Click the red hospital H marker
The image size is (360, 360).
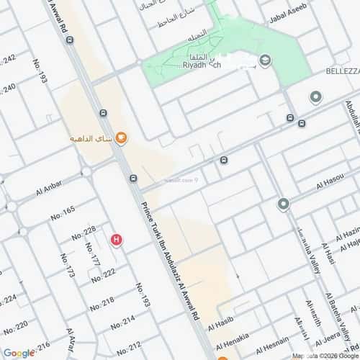point(116,240)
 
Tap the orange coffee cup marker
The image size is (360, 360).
point(122,138)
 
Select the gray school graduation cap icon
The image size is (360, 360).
point(265,61)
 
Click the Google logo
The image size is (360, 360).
point(19,352)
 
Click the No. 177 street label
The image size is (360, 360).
point(91,256)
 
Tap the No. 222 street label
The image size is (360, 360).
point(103,274)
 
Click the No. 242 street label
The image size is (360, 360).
point(9,60)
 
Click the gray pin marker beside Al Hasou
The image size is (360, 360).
point(284,204)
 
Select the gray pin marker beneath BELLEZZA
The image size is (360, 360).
point(315,97)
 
